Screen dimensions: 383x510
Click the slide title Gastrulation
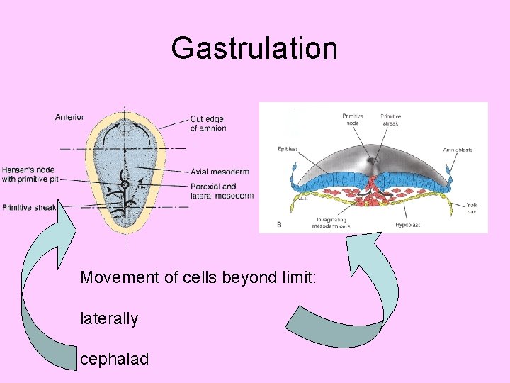[254, 49]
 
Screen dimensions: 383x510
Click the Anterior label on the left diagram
[69, 117]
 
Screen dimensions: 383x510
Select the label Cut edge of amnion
[208, 123]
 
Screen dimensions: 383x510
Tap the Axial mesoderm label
[220, 171]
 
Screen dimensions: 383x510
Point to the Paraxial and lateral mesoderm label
[222, 191]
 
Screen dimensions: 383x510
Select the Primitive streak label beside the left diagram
[28, 208]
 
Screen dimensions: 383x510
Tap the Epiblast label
[288, 150]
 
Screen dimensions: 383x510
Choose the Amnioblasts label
[458, 150]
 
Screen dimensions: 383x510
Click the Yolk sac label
[472, 209]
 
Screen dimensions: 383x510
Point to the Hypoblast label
[407, 225]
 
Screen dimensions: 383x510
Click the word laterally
[109, 318]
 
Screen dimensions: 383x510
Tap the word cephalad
[115, 359]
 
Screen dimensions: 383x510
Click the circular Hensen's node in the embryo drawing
[125, 184]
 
